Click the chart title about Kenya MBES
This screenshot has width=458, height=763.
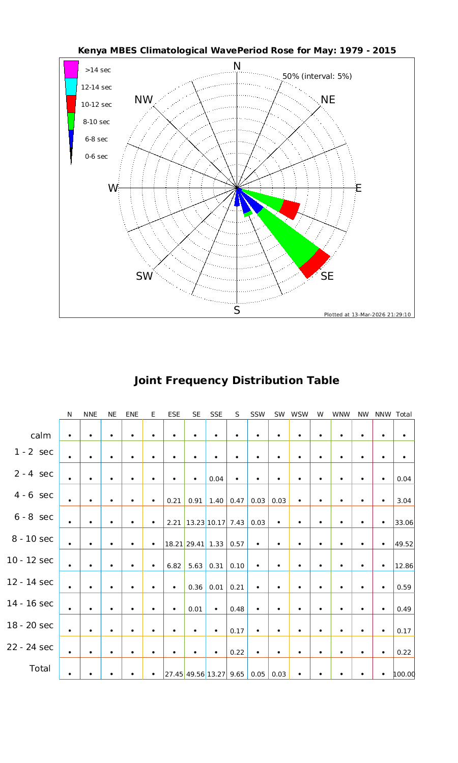pos(237,50)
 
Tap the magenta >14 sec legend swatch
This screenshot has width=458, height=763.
pos(71,69)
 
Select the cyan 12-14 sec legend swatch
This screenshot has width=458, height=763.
pos(71,86)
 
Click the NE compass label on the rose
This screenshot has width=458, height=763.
pos(328,100)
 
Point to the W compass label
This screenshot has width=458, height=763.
pos(113,188)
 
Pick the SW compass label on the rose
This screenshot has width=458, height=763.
pos(145,276)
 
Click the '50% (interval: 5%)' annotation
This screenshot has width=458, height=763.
pos(317,76)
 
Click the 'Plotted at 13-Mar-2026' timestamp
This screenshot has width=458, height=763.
pos(367,314)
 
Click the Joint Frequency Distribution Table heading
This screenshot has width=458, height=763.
pos(237,380)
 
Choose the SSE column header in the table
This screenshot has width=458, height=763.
pos(216,415)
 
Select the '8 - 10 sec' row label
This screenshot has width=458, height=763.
pos(30,539)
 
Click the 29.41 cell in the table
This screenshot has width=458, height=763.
pos(195,544)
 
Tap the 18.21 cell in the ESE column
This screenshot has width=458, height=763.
pos(174,544)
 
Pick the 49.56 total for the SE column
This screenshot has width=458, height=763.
pos(195,674)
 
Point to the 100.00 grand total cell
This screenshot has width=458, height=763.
pos(404,674)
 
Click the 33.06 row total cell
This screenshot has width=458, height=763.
pos(404,522)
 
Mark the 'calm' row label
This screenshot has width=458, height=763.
pos(41,435)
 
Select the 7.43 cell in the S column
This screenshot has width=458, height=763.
pos(237,522)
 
